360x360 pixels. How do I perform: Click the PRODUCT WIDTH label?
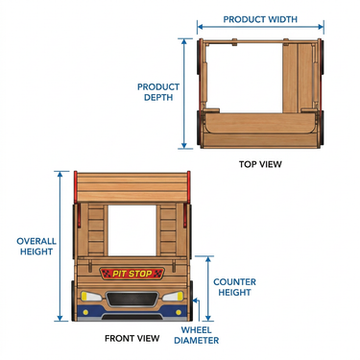tap(260, 19)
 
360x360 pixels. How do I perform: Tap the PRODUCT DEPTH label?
tap(158, 92)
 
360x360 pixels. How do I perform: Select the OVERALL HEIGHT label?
tap(36, 246)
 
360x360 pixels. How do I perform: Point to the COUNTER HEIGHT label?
tap(234, 287)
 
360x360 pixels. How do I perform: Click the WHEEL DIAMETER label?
tap(197, 335)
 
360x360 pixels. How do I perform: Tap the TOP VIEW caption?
tap(260, 164)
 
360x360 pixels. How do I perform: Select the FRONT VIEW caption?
tap(132, 338)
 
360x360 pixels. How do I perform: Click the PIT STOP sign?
tap(132, 274)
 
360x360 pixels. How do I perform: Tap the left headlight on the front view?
tap(91, 297)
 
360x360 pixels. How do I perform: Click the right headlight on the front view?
tap(173, 297)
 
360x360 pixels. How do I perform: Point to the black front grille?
tap(132, 299)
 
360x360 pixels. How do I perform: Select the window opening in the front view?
tap(132, 230)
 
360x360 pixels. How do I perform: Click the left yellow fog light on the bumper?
tap(85, 312)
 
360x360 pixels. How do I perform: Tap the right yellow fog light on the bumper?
tap(179, 312)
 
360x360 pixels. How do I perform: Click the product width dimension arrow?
tap(260, 27)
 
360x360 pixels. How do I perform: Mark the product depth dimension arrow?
tap(184, 93)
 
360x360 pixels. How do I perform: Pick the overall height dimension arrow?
tap(60, 246)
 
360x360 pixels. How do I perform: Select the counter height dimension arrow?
tap(208, 288)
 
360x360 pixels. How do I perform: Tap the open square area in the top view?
tap(244, 78)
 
